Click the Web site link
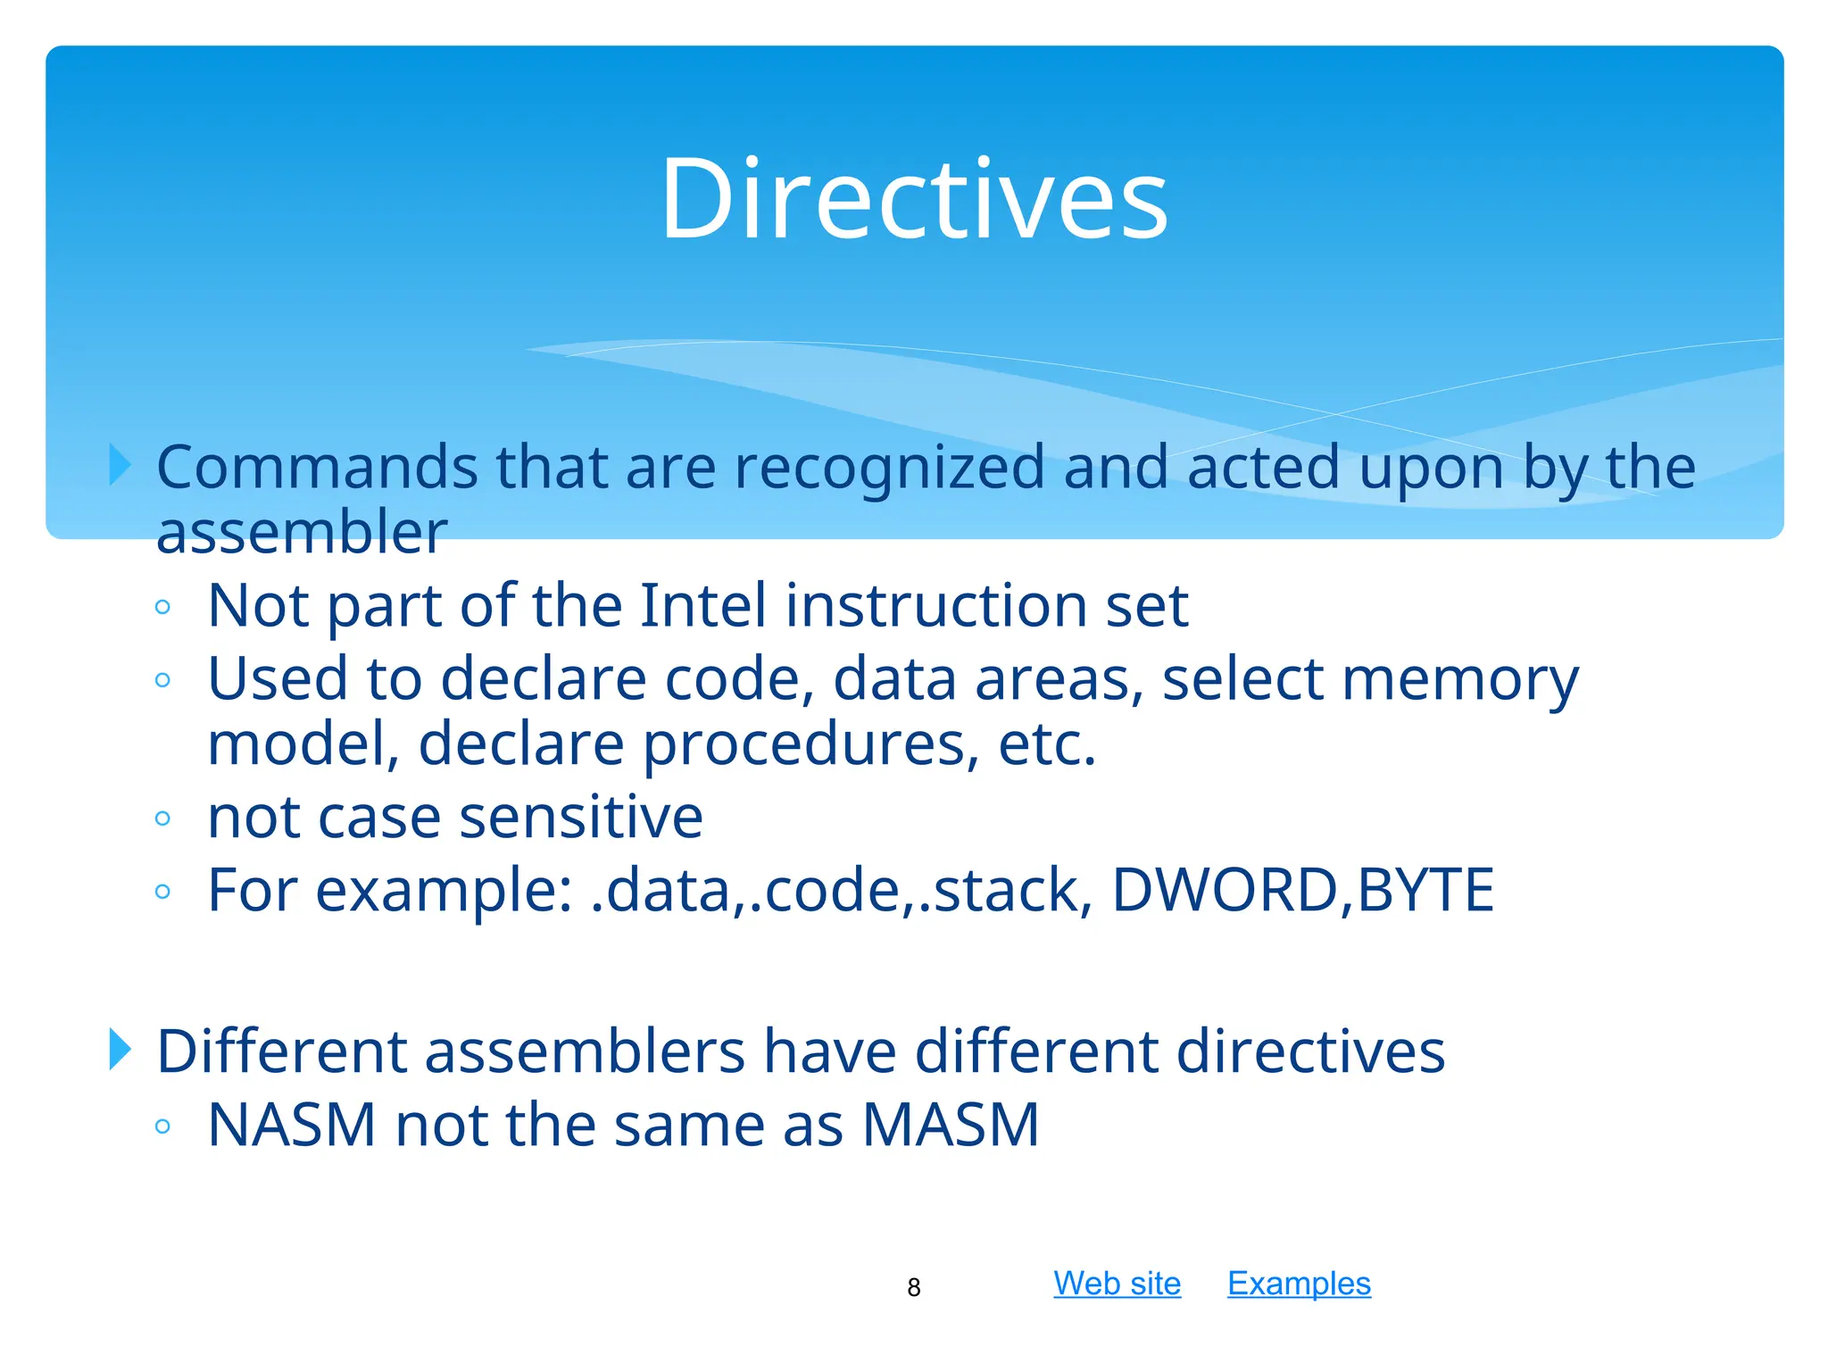(x=1117, y=1284)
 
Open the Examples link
(x=1299, y=1284)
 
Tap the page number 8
(x=913, y=1287)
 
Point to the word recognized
(x=888, y=469)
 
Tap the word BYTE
(x=1425, y=890)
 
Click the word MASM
(x=951, y=1125)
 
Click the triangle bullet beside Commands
(x=120, y=465)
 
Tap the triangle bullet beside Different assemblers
(x=120, y=1049)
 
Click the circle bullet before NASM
(x=162, y=1126)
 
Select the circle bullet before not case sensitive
(x=162, y=818)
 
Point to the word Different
(x=281, y=1051)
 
